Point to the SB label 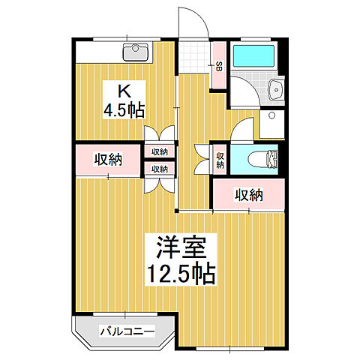(x=219, y=67)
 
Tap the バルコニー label (x=127, y=331)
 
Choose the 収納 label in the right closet (x=249, y=196)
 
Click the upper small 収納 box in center (x=160, y=151)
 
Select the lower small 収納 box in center (x=160, y=169)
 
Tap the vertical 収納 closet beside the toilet (x=220, y=159)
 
